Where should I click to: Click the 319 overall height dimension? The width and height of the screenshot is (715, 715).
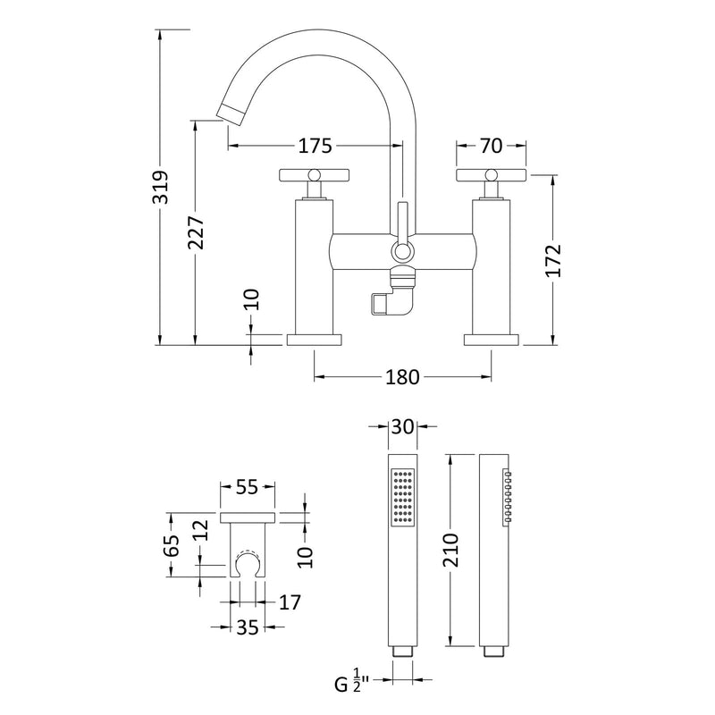point(161,187)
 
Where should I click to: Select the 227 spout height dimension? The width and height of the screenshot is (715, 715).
point(197,233)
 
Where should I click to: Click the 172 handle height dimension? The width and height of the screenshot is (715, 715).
point(553,261)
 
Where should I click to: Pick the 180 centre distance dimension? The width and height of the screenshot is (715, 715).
point(403,377)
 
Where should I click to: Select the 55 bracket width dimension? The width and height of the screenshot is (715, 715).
point(248,487)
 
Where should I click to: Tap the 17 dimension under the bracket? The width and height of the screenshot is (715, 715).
point(289,601)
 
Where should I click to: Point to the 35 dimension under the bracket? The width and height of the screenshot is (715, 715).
point(248,627)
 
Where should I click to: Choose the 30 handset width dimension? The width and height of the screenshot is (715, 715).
point(403,427)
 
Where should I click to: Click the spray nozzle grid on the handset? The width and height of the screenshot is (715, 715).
point(403,495)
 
